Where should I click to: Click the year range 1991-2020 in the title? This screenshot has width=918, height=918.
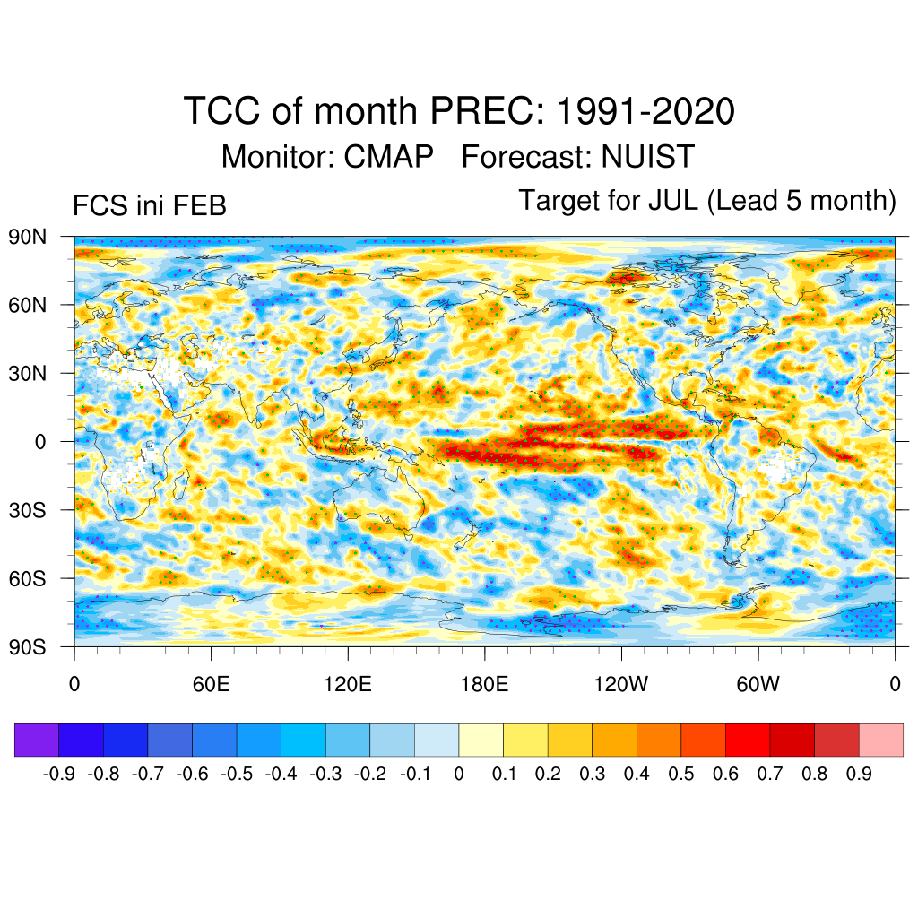645,112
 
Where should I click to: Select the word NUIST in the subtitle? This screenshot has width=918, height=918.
647,157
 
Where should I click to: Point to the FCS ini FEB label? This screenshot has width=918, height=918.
150,206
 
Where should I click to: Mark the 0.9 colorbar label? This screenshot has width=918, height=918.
859,774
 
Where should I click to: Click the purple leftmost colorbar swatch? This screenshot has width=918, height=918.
37,740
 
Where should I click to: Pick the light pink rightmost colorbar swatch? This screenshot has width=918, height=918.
880,740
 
